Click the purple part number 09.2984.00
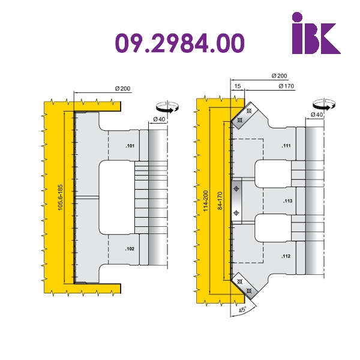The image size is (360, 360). coord(180,43)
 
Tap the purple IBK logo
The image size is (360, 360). coord(316,33)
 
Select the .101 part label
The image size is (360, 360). coord(130,146)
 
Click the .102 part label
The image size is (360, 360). coord(130,249)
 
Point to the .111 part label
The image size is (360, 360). coord(286,146)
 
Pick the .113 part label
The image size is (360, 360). coord(287,201)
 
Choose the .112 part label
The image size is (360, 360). coord(286,256)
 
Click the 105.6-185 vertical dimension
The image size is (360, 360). coord(60,197)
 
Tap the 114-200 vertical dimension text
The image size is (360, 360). coord(205,201)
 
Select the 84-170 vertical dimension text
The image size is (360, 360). coord(220,200)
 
